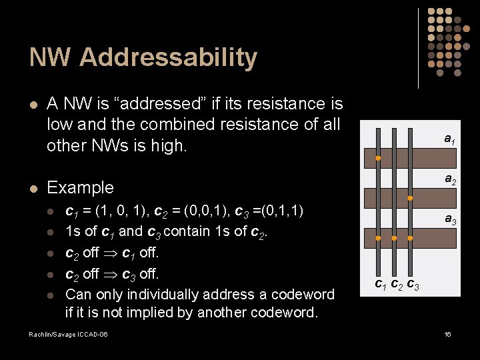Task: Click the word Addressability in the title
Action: click(x=169, y=58)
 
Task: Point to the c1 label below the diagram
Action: click(x=380, y=285)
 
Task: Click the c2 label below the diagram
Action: click(x=396, y=285)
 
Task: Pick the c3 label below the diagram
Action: click(x=413, y=285)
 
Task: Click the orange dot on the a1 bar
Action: click(x=377, y=159)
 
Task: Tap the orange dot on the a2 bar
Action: click(x=411, y=198)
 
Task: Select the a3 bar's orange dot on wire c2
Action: click(x=394, y=238)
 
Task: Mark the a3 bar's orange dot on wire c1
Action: click(x=377, y=238)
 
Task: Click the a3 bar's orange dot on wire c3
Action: click(x=411, y=238)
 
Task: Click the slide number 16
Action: click(x=448, y=334)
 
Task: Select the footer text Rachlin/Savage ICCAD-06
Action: click(x=68, y=334)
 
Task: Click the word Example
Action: click(x=80, y=187)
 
